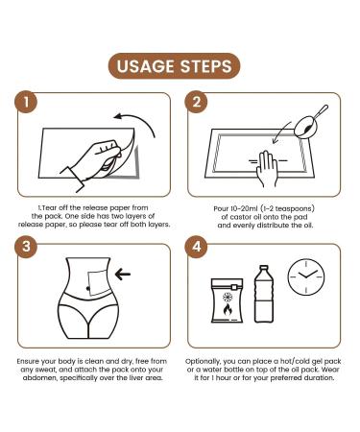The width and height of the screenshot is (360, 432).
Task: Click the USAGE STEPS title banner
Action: pyautogui.click(x=174, y=66)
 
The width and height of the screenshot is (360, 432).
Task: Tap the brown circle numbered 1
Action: pyautogui.click(x=26, y=102)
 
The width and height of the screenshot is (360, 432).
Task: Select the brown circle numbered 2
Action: pyautogui.click(x=197, y=102)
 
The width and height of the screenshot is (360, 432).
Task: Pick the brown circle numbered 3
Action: pyautogui.click(x=26, y=247)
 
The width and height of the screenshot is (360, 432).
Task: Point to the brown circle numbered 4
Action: pyautogui.click(x=197, y=247)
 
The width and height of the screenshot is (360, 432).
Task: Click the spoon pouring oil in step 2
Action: pyautogui.click(x=310, y=123)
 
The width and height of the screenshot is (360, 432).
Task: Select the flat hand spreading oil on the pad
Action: pyautogui.click(x=267, y=168)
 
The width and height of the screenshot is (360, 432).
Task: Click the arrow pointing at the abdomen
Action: pyautogui.click(x=123, y=274)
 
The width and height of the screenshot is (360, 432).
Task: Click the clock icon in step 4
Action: pyautogui.click(x=306, y=277)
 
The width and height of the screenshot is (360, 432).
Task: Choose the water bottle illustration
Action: pyautogui.click(x=264, y=294)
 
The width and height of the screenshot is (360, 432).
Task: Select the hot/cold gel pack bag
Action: pyautogui.click(x=227, y=300)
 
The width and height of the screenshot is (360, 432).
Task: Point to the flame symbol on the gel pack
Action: pyautogui.click(x=227, y=309)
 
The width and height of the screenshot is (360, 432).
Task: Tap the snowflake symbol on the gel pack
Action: pyautogui.click(x=228, y=298)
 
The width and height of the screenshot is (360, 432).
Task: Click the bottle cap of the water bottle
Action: pyautogui.click(x=264, y=268)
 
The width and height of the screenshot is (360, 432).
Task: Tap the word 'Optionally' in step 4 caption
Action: pyautogui.click(x=203, y=362)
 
